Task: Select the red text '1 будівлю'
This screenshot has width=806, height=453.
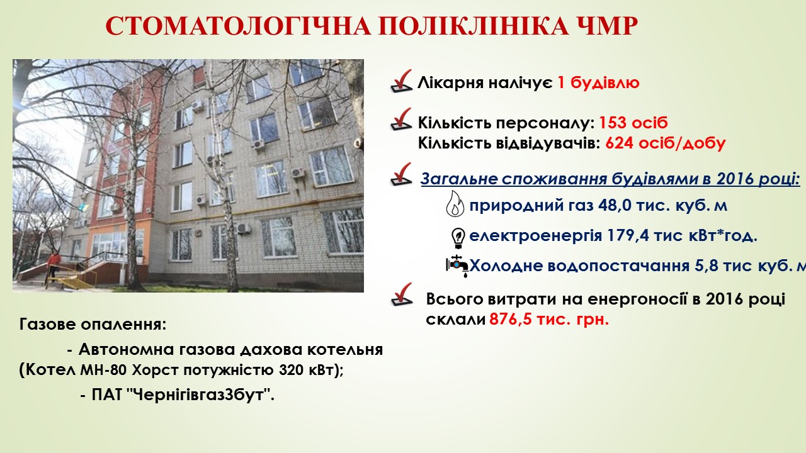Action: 598,82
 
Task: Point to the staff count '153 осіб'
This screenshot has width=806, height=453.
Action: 633,123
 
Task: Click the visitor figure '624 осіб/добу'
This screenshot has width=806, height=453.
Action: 666,143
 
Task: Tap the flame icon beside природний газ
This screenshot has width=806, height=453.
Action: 455,203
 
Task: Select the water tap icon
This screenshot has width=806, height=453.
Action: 457,266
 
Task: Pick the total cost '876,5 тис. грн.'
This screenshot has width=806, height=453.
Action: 549,319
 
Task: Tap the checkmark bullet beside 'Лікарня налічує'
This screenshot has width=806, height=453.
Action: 401,82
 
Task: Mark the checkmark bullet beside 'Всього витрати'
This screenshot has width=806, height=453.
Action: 401,294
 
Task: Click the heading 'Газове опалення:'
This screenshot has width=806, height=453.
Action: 93,325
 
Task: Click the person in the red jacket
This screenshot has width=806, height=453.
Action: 54,266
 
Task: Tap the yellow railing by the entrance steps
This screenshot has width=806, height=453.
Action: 72,279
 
